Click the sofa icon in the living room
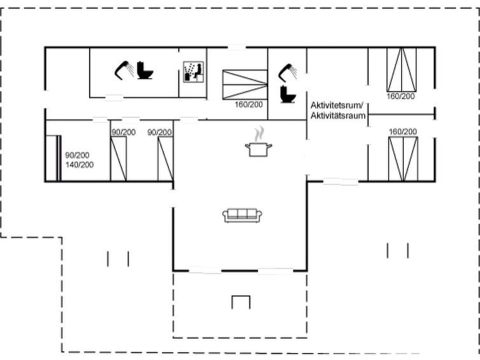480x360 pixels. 242,216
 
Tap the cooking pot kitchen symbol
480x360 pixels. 259,150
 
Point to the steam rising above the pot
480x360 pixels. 259,134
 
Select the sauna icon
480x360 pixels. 193,72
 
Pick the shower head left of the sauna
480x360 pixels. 124,71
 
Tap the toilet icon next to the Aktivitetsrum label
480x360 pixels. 288,94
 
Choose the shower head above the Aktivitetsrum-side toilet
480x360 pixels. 287,73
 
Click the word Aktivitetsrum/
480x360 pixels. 337,106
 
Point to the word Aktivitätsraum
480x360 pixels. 338,116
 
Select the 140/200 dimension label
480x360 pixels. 79,165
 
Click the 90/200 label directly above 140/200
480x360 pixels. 77,155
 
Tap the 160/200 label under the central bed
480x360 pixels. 249,104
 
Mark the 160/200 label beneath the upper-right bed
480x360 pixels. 401,96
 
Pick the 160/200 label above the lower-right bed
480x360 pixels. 403,132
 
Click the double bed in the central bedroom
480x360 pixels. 245,85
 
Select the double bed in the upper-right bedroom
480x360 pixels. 402,69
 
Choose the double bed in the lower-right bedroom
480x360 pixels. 403,159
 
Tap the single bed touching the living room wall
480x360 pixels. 165,159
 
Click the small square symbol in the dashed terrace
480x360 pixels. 241,302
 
